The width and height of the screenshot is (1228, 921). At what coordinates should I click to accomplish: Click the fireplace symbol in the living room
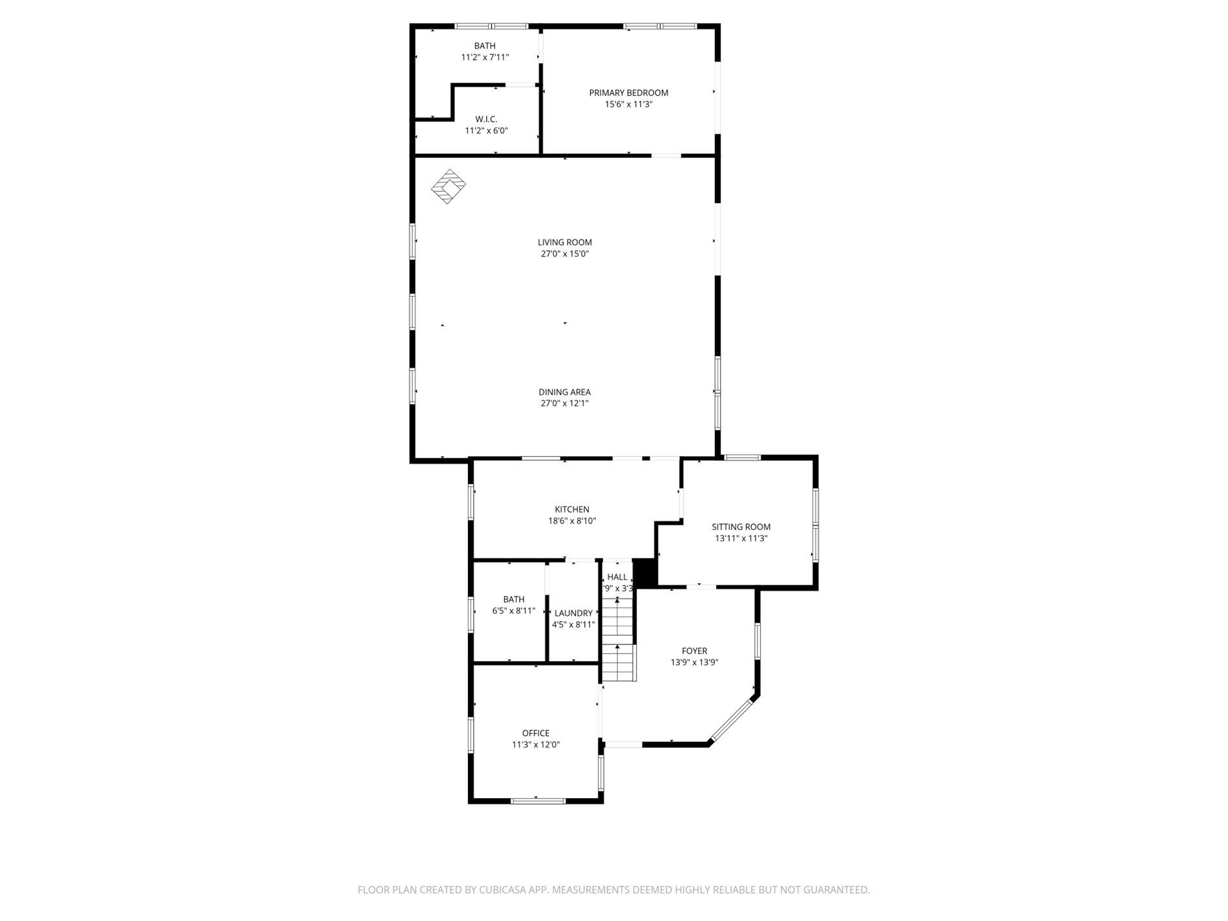point(449,187)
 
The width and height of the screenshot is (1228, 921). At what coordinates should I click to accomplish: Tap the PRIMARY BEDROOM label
point(628,92)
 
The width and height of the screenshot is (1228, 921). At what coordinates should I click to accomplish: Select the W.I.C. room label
point(486,119)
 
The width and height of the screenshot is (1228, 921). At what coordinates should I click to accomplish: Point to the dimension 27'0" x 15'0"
point(565,254)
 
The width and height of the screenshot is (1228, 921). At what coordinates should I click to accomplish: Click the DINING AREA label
point(565,392)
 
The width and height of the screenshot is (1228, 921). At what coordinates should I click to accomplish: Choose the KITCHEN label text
point(572,509)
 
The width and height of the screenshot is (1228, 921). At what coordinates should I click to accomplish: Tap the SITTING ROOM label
point(741,527)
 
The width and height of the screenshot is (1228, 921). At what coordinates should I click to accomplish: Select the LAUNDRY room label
point(573,613)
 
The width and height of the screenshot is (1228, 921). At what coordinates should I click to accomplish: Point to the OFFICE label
point(536,733)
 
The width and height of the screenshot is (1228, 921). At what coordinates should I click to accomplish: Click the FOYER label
point(694,651)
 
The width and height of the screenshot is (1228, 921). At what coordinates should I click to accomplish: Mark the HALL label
point(617,577)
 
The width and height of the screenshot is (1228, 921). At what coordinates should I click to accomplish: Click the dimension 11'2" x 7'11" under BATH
point(485,57)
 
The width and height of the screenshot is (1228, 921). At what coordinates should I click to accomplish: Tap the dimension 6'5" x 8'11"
point(514,611)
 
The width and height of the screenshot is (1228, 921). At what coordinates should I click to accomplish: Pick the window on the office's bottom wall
point(538,801)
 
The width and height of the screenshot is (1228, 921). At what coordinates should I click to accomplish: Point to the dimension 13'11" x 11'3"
point(741,538)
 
